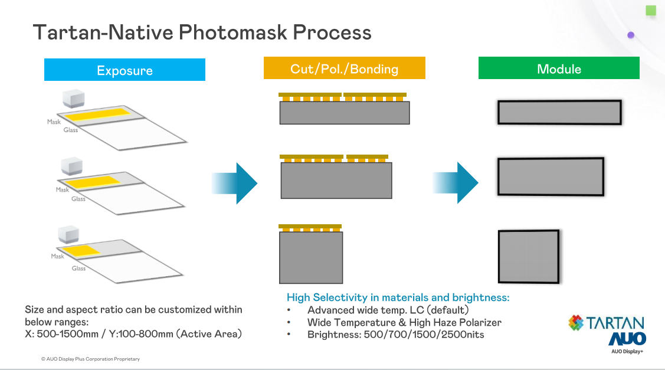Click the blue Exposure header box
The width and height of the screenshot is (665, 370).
[x=125, y=70]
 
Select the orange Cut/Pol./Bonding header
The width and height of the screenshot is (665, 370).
[x=344, y=68]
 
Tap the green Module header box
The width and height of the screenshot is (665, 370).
[x=559, y=68]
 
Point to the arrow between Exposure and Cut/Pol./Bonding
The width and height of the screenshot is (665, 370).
[x=235, y=184]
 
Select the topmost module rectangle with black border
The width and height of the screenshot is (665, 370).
[x=559, y=112]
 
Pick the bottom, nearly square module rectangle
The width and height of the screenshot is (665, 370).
[x=529, y=257]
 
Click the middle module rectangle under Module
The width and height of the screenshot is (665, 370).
[x=551, y=177]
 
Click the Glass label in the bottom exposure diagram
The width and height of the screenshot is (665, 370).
[x=78, y=269]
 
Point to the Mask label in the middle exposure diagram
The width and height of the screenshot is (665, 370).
[x=63, y=190]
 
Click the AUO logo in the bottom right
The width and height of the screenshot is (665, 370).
[x=627, y=339]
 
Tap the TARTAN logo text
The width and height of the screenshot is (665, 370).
[x=614, y=323]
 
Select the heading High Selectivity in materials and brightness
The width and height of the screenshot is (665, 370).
[x=398, y=297]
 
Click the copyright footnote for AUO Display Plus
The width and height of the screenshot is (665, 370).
[x=90, y=359]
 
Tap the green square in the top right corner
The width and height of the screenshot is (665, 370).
[x=651, y=10]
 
